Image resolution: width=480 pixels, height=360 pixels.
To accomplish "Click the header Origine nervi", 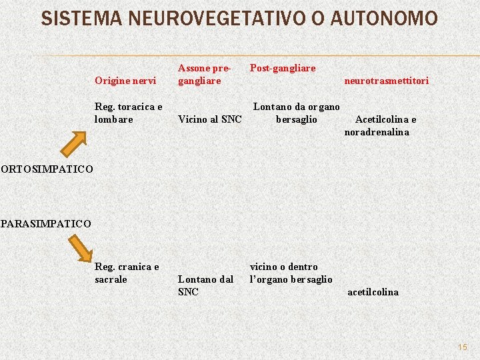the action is point(125,81).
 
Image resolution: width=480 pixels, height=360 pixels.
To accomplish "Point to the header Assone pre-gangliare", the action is point(205,74).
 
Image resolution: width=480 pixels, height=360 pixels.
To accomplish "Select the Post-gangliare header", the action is point(283,68).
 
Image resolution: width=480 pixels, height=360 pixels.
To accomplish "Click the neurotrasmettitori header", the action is point(386,81).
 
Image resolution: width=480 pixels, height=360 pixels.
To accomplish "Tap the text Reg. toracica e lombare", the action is point(129,113).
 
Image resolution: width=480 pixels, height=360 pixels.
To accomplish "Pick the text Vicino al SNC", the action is point(210,119).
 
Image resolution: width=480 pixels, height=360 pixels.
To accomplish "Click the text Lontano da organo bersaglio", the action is point(297,113).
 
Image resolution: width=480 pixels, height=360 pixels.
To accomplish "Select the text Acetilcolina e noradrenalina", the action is point(381,125).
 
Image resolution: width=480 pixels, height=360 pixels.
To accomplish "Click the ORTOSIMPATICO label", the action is point(47,169).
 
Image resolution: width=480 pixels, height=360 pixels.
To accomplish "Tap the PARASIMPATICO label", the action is point(46,223).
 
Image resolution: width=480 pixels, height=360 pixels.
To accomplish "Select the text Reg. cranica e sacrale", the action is point(127,273).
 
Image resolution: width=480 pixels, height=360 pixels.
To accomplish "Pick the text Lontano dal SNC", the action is point(205,285).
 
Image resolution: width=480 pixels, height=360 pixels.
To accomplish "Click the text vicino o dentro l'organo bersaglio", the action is point(291,273).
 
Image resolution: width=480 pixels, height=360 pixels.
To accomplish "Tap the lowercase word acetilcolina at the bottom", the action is point(373,292).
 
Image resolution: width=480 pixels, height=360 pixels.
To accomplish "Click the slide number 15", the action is point(463,347).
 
